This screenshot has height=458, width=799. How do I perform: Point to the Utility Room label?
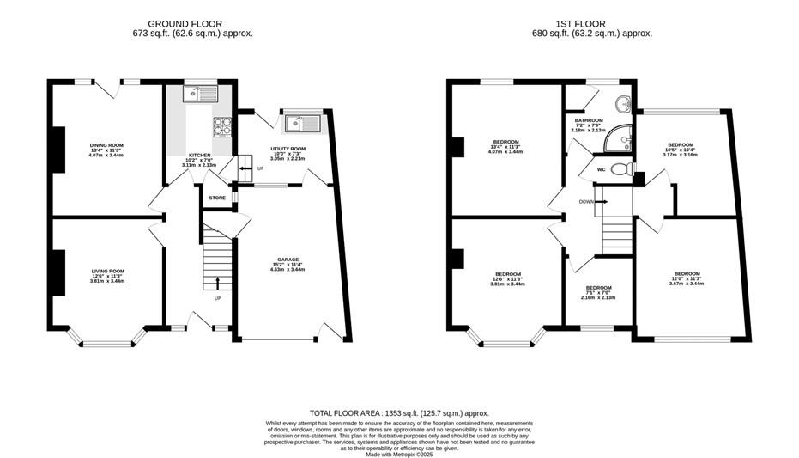coord(288,148)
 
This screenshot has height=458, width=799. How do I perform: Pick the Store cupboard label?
coord(217,198)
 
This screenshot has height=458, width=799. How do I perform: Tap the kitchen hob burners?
coord(222,126)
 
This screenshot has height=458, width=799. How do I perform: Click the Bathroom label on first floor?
coord(589,120)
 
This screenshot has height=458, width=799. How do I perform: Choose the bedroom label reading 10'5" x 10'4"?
coord(681,144)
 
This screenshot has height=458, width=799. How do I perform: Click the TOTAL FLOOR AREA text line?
coord(399,413)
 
